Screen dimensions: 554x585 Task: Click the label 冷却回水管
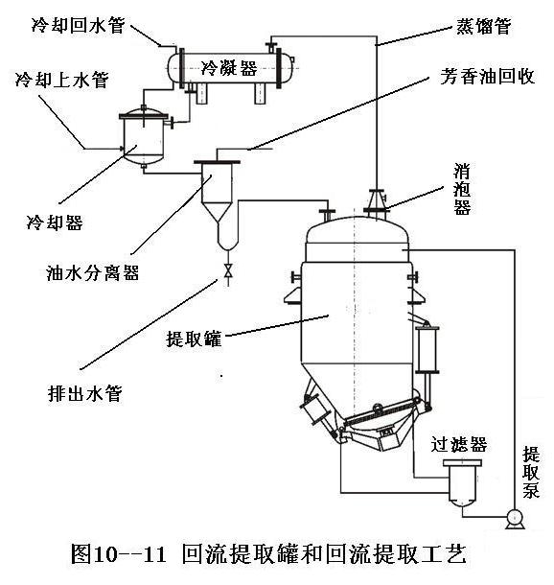point(78,25)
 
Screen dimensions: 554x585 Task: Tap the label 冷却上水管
point(62,79)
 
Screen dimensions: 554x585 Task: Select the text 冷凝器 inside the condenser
point(229,68)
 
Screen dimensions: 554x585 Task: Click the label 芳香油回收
point(488,77)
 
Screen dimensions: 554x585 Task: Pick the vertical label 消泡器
point(462,189)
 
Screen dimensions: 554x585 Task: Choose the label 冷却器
point(55,222)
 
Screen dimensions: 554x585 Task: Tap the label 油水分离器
point(92,272)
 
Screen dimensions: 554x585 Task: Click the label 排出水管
point(85,393)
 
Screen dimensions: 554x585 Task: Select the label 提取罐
point(194,339)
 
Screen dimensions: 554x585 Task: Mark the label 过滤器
point(459,444)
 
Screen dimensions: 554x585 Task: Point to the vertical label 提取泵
point(531,472)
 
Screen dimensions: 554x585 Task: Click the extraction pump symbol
point(516,519)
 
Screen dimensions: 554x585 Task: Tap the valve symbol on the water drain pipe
point(228,270)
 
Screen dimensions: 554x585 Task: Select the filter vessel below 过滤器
point(462,482)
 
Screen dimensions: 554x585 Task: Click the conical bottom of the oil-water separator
point(218,213)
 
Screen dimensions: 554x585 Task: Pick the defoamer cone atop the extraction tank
point(377,200)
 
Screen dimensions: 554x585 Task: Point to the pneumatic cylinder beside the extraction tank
point(427,350)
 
